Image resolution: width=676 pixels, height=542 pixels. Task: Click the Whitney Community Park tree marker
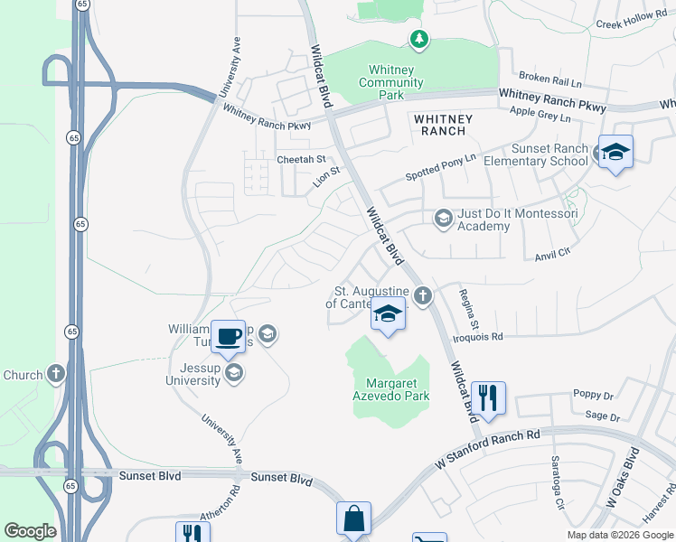pos(418,39)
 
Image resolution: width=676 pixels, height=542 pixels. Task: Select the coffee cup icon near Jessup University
pos(229,335)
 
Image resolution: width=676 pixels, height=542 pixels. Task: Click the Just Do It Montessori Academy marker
pos(443,219)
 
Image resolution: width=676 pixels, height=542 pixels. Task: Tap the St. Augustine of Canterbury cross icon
pos(422,295)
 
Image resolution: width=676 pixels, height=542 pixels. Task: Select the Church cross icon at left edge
pos(56,373)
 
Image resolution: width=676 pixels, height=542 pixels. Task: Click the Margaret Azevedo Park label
pos(390,389)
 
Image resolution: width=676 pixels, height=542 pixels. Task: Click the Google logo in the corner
pos(30,530)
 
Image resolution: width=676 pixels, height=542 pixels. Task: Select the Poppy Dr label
pos(593,396)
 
